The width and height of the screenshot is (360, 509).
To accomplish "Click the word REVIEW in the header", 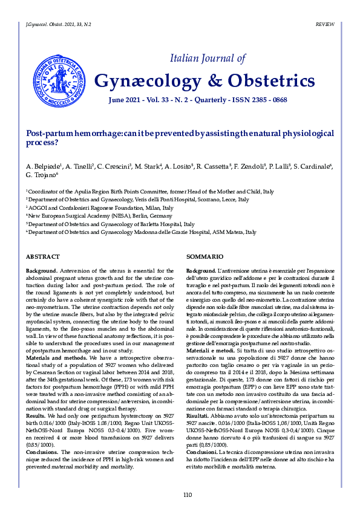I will coord(326,23).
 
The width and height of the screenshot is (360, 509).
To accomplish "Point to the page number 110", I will coord(187,495).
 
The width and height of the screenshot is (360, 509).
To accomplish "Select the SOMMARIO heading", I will coord(201,256).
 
